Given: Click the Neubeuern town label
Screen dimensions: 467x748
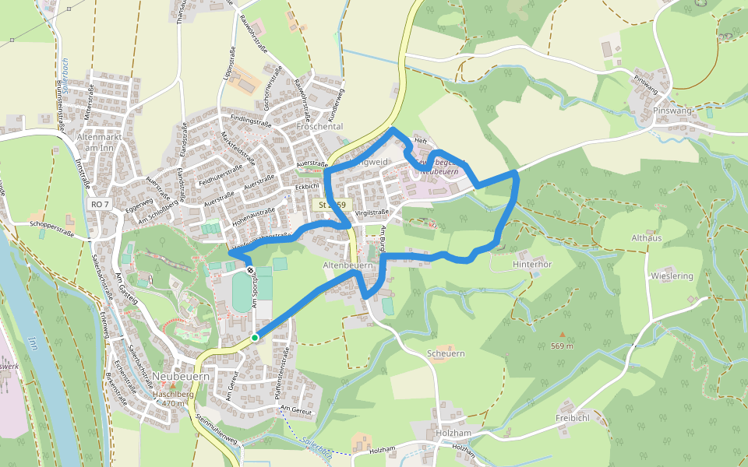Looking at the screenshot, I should point(181,376).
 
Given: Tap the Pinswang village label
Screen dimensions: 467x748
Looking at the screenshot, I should point(674,111).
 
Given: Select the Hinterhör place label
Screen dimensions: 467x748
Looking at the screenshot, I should point(532,264).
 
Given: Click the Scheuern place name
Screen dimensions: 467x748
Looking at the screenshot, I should point(446,353).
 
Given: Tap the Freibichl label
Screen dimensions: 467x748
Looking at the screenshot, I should point(573,417).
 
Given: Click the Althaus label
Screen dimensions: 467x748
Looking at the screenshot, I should point(646,238).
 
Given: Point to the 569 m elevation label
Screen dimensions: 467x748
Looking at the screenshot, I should point(562,346).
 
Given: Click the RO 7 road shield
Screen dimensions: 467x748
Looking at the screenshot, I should point(100,204).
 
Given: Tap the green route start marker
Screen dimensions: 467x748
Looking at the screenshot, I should point(255,338).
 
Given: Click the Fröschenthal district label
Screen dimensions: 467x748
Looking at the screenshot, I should point(320,126).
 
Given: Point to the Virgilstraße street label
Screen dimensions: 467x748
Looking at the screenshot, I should point(372,212).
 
